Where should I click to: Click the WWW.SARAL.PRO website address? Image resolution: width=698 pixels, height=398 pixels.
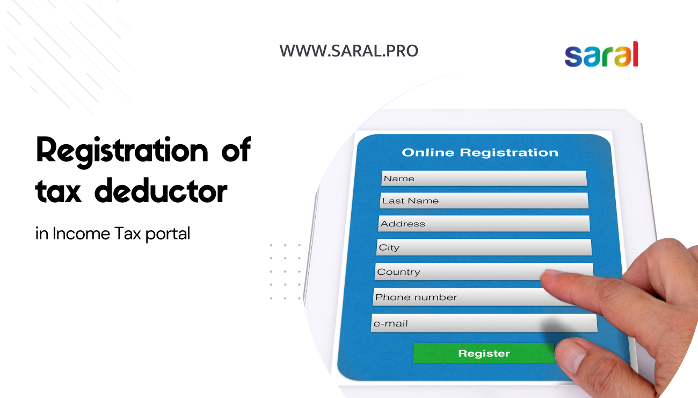(348, 51)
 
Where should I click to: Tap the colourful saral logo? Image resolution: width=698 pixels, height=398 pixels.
(601, 55)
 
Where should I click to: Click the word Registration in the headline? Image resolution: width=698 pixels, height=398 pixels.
(121, 151)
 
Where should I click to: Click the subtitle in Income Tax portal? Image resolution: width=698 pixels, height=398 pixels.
(113, 234)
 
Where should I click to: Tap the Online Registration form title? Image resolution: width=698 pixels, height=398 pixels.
(479, 153)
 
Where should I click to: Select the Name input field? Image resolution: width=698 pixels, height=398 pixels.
(483, 179)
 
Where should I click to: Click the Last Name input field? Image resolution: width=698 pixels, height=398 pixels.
(483, 201)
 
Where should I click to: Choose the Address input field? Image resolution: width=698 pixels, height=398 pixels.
(483, 224)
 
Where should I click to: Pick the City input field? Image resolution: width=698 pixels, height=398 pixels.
(483, 247)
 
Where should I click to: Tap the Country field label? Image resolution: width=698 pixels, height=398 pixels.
(398, 272)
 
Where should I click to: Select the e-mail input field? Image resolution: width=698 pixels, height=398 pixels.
(483, 323)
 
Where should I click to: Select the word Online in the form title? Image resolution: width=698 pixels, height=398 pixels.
(428, 153)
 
